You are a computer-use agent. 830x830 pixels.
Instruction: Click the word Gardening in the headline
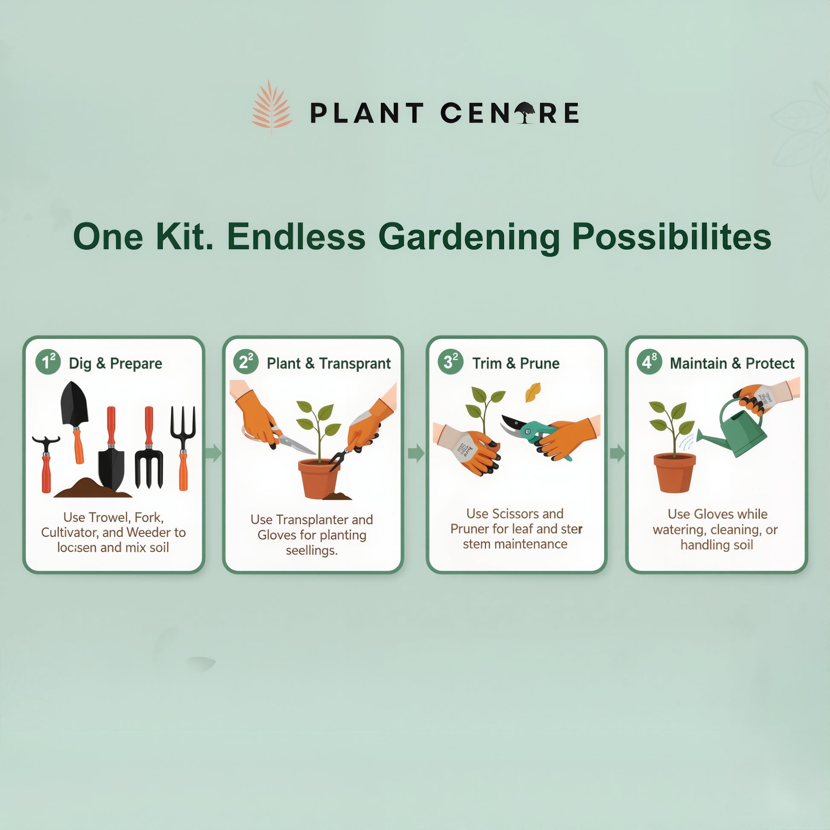coord(469,237)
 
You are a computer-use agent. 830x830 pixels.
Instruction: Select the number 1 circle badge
coord(47,362)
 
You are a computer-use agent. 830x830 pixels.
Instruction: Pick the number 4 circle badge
coord(648,362)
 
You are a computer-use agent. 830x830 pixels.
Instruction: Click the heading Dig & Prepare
coord(116,363)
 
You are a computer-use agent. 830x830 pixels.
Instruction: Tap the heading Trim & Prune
coord(516,363)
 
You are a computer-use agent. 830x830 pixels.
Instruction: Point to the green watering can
coord(739,431)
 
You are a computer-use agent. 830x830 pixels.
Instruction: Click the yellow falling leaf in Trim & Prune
coord(533,392)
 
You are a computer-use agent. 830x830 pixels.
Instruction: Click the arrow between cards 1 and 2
coord(214,453)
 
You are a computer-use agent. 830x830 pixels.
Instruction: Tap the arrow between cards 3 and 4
coord(617,453)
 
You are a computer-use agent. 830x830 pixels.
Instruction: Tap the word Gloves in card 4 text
coord(714,514)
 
